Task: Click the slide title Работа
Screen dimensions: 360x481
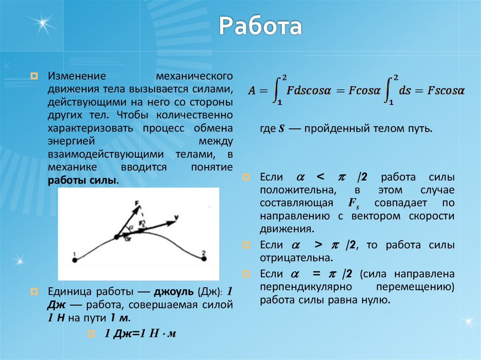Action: click(260, 28)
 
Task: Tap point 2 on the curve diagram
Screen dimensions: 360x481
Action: click(203, 259)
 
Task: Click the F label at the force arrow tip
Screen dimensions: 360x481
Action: click(136, 203)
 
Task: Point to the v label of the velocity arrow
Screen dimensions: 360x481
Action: click(176, 217)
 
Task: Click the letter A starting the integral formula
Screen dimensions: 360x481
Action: click(253, 90)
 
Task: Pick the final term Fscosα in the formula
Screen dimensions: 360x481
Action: click(446, 90)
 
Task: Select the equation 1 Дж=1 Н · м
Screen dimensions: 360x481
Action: click(140, 334)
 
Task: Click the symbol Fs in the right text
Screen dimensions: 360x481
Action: click(354, 203)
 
